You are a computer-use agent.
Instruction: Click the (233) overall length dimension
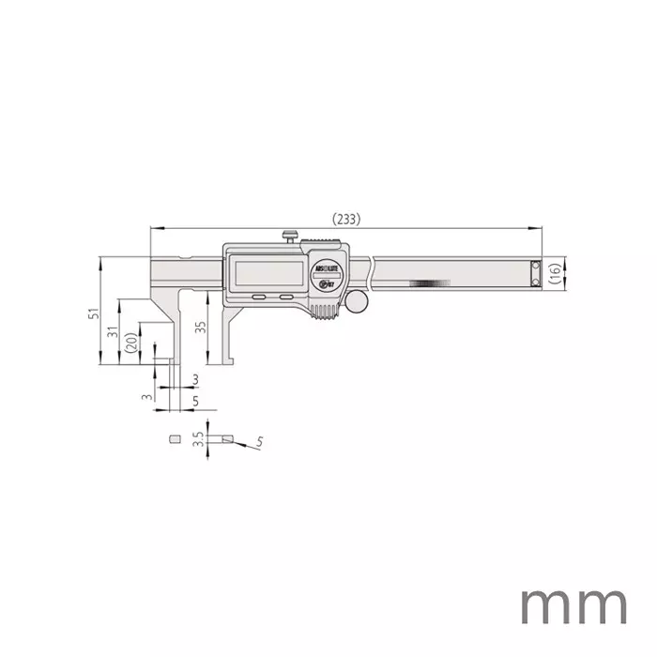pyautogui.click(x=345, y=218)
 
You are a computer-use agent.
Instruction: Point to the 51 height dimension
pyautogui.click(x=92, y=314)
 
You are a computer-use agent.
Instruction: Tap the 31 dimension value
pyautogui.click(x=112, y=332)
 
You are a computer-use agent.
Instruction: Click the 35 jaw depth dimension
pyautogui.click(x=199, y=328)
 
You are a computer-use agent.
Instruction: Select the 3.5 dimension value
pyautogui.click(x=197, y=439)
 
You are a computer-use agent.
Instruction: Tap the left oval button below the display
pyautogui.click(x=256, y=298)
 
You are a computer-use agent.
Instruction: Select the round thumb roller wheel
pyautogui.click(x=358, y=300)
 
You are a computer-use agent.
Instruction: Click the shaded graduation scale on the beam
pyautogui.click(x=429, y=283)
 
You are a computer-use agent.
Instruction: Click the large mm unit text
pyautogui.click(x=572, y=606)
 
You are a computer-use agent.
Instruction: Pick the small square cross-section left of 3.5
pyautogui.click(x=173, y=438)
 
